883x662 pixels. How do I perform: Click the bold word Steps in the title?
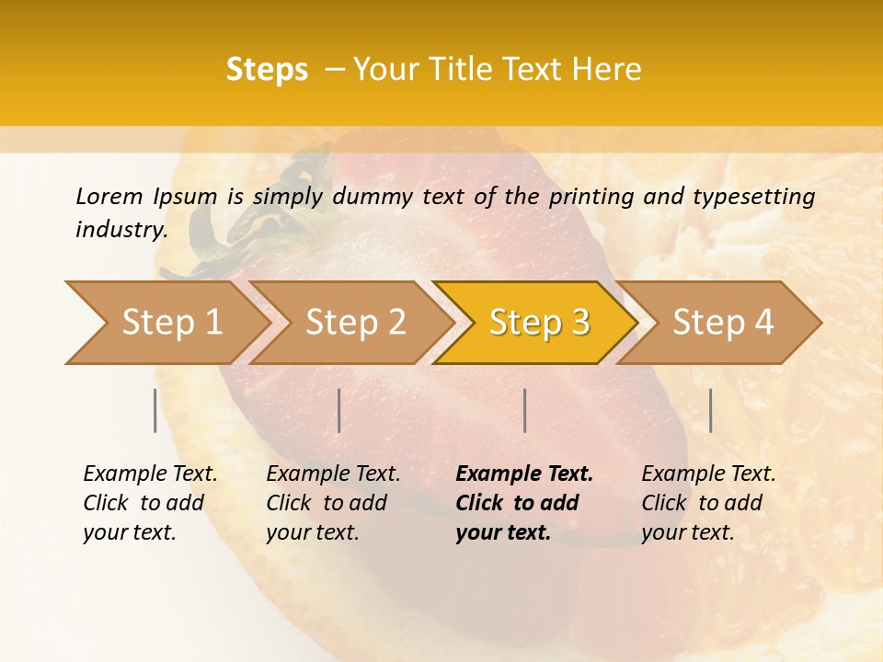[x=267, y=70]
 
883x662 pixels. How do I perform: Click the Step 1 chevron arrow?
[x=166, y=323]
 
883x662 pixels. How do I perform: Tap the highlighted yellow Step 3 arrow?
[x=539, y=323]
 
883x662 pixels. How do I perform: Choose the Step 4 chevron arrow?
[x=723, y=323]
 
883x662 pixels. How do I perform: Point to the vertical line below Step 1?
[x=155, y=410]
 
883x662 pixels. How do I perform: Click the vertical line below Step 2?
[x=339, y=410]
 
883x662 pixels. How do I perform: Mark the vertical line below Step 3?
[x=524, y=410]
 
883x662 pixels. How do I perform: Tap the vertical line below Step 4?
[x=710, y=410]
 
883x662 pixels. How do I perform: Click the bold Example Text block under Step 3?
[x=523, y=503]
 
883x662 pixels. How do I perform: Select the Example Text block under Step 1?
[x=150, y=503]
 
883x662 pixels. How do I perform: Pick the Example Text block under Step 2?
[x=333, y=503]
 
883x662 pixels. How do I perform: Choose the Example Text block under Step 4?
[x=708, y=503]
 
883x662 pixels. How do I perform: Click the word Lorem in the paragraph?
[x=109, y=197]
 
